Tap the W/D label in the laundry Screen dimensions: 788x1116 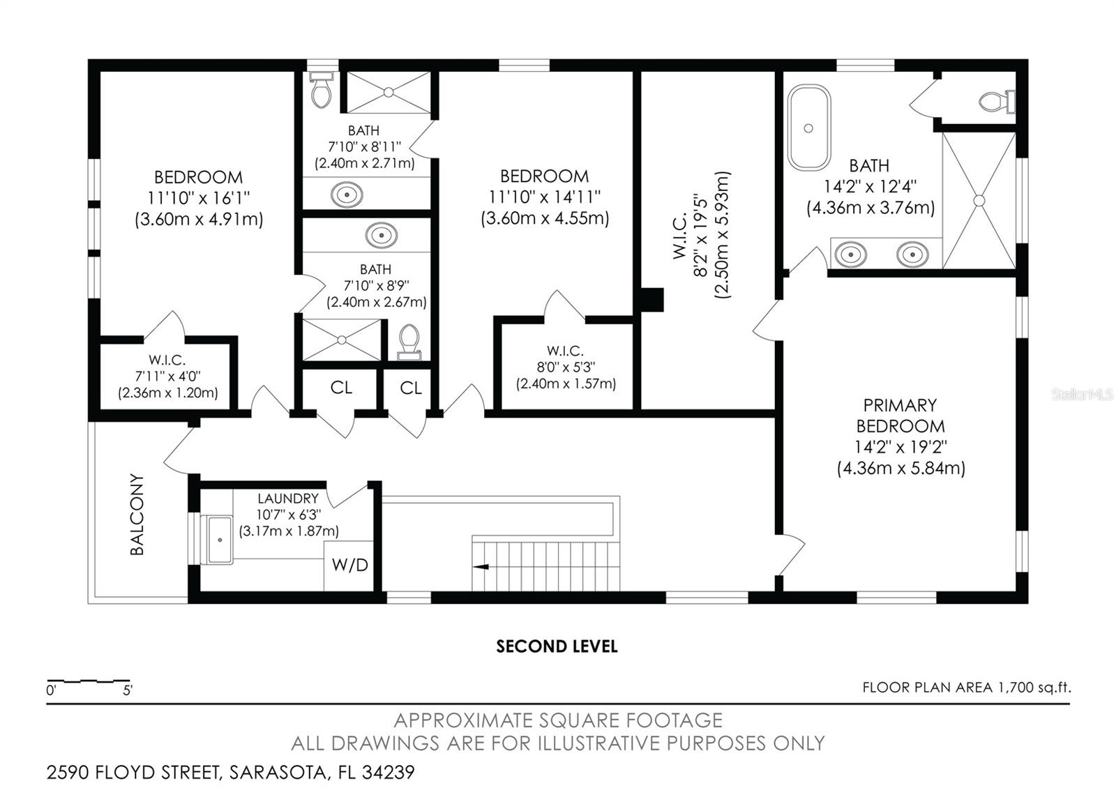pos(350,565)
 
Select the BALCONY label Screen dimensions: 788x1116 pos(137,515)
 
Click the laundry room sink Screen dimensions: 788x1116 pos(219,540)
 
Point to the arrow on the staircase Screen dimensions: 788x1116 pos(481,567)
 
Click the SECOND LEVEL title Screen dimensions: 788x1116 pos(557,646)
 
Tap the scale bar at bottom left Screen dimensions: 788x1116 pos(89,680)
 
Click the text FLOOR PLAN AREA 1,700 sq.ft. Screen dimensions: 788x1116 pos(966,688)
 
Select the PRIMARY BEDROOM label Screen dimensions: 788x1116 pos(900,416)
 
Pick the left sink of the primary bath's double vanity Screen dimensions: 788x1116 pos(850,255)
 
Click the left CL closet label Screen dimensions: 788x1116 pos(341,388)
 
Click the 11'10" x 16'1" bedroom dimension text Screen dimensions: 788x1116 pos(198,198)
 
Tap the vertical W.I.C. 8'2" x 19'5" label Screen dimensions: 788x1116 pos(701,235)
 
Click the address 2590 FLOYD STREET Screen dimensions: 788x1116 pos(230,773)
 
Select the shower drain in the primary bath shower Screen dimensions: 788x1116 pos(979,200)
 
